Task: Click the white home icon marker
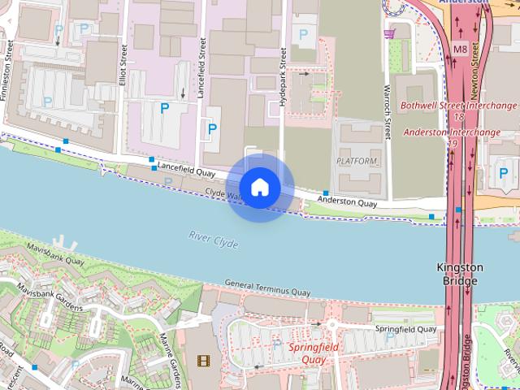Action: pos(259,188)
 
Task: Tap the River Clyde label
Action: pos(213,236)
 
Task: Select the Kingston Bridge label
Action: pos(460,274)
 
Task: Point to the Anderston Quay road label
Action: pos(347,200)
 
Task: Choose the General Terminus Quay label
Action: pos(267,288)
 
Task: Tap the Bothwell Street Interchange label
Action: pos(459,106)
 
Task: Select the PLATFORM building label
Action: pos(357,161)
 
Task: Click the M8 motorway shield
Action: pos(461,49)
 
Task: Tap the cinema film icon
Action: pos(202,359)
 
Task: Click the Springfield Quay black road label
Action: pos(405,329)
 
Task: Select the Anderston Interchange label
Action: pos(452,132)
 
